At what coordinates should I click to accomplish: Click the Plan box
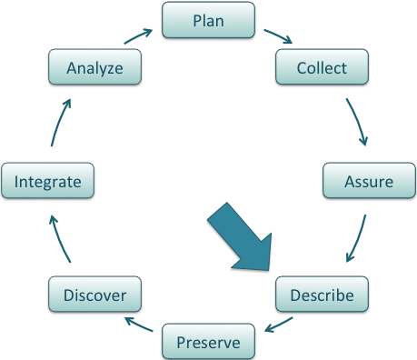point(208,20)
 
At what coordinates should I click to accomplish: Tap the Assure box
point(369,181)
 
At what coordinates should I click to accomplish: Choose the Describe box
point(321,295)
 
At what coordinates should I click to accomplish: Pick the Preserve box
point(208,342)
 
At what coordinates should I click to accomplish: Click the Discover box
point(94,295)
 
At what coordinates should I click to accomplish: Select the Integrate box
point(47,181)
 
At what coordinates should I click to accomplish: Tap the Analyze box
point(94,67)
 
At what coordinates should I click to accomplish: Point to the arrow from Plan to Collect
point(276,37)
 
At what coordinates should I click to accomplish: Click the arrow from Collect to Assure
point(358,122)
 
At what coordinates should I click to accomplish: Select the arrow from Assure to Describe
point(357,239)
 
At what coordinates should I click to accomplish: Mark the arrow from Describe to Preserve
point(276,324)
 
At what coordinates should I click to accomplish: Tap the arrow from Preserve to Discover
point(139,325)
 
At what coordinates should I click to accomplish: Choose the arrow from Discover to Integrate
point(57,239)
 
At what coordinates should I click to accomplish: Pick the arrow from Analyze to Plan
point(139,37)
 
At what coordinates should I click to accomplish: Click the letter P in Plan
point(196,20)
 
